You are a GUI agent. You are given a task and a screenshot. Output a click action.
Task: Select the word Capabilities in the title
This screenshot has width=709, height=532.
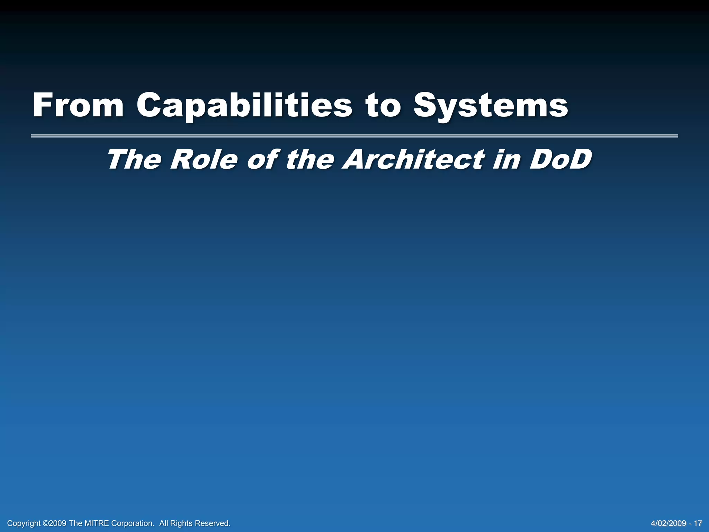click(244, 106)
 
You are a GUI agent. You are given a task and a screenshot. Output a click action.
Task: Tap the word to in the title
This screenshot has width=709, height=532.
click(383, 106)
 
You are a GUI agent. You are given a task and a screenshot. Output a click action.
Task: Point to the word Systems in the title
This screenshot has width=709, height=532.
click(491, 106)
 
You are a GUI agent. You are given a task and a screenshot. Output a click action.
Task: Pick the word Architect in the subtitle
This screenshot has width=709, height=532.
click(414, 160)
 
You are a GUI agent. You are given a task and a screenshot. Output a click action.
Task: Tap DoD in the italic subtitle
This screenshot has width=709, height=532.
click(560, 160)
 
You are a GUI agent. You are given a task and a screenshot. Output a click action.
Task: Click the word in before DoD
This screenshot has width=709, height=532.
click(508, 160)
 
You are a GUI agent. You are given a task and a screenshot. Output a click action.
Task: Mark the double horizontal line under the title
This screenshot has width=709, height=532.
click(354, 136)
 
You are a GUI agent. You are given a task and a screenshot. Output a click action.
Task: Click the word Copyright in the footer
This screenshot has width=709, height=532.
click(24, 523)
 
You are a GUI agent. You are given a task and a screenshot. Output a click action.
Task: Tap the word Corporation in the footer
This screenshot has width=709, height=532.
click(133, 523)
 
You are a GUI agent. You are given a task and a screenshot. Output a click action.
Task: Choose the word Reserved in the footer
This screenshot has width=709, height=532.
click(212, 523)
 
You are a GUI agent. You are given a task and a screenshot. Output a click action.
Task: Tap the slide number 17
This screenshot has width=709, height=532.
click(698, 523)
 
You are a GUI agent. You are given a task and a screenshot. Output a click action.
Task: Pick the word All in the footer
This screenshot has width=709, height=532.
click(164, 523)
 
